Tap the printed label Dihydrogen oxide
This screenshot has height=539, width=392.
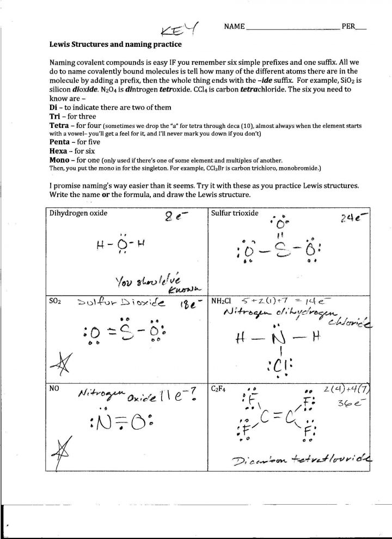pos(78,213)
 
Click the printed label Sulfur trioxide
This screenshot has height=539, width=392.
pos(235,213)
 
